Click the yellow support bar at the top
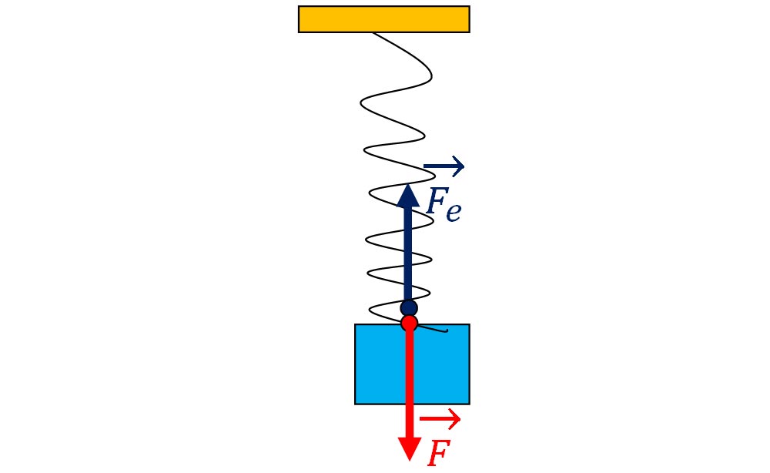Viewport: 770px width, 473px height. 383,19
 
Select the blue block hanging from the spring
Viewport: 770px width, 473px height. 412,364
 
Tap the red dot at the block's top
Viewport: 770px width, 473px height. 409,324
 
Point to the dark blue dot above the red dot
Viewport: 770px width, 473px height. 409,308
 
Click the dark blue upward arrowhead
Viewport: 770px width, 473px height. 408,196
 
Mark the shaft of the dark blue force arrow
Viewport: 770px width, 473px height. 408,253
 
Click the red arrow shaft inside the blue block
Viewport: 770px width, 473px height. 410,367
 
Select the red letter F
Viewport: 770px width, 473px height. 439,453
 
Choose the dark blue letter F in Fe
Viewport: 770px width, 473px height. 436,201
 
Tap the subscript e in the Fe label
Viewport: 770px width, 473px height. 454,211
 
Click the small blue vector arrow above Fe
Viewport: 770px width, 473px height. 444,166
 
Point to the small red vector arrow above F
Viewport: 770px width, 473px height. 440,418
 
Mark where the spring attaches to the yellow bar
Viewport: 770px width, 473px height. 373,33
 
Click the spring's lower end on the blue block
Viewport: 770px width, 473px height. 446,330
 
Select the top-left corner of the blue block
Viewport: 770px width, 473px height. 355,324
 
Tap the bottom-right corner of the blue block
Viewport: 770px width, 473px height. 470,404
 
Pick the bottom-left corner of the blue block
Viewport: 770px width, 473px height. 355,404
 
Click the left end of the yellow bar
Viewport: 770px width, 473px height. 299,19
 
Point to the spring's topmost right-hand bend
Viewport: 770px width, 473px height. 432,76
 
